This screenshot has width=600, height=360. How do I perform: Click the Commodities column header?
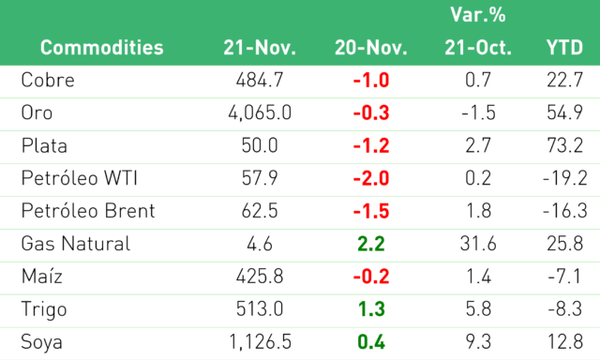pyautogui.click(x=102, y=48)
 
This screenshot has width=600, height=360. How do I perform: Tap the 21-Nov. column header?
pyautogui.click(x=260, y=48)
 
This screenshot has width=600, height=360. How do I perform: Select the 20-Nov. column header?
pyautogui.click(x=371, y=48)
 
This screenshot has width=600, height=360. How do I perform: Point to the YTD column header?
pyautogui.click(x=564, y=48)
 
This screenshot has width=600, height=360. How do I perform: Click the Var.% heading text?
pyautogui.click(x=478, y=15)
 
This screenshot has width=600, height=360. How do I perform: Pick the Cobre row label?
pyautogui.click(x=48, y=81)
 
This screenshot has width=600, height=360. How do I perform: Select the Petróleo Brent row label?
pyautogui.click(x=88, y=211)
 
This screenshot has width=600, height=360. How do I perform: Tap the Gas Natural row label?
pyautogui.click(x=76, y=244)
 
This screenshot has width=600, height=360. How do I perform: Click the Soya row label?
pyautogui.click(x=41, y=342)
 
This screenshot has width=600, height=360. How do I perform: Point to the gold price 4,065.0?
pyautogui.click(x=260, y=112)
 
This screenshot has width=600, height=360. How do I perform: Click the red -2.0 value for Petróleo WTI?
pyautogui.click(x=371, y=178)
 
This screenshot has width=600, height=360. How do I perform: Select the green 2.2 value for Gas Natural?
pyautogui.click(x=371, y=244)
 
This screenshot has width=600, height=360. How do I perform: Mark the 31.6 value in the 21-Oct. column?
pyautogui.click(x=478, y=244)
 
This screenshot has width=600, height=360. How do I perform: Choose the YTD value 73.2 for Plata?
pyautogui.click(x=564, y=145)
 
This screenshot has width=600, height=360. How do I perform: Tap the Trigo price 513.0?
pyautogui.click(x=260, y=309)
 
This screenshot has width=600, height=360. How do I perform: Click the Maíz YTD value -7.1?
pyautogui.click(x=564, y=277)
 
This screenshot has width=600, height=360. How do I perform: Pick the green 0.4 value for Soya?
pyautogui.click(x=371, y=342)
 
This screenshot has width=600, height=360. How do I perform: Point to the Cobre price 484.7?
pyautogui.click(x=260, y=81)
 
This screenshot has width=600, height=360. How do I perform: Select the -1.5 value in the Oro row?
pyautogui.click(x=478, y=112)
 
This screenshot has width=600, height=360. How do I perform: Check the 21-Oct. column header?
pyautogui.click(x=478, y=48)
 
